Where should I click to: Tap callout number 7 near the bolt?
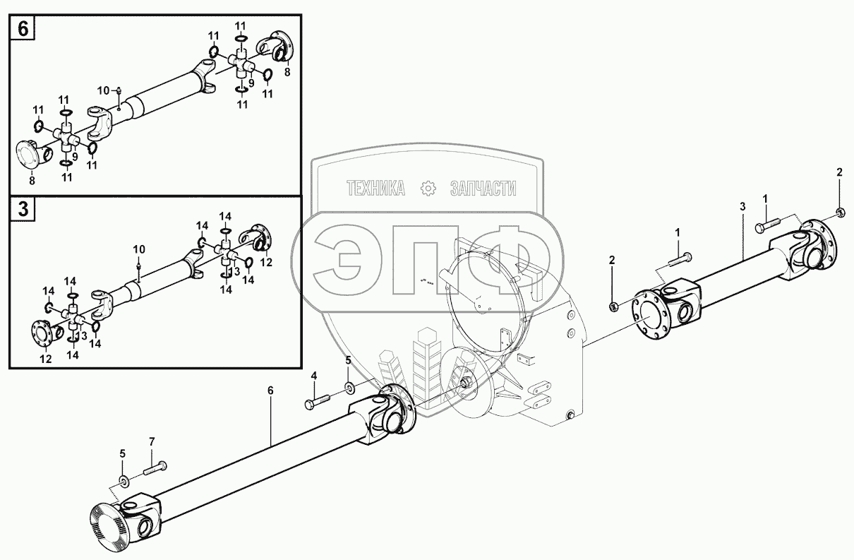150,441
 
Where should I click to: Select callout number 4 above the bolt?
314,374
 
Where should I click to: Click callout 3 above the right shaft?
742,206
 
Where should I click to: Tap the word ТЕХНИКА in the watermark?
375,189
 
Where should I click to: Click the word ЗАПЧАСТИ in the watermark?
483,189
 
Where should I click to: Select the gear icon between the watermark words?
428,189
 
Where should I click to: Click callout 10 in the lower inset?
139,249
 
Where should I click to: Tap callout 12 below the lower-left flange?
46,359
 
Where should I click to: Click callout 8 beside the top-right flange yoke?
287,71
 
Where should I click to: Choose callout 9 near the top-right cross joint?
251,82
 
